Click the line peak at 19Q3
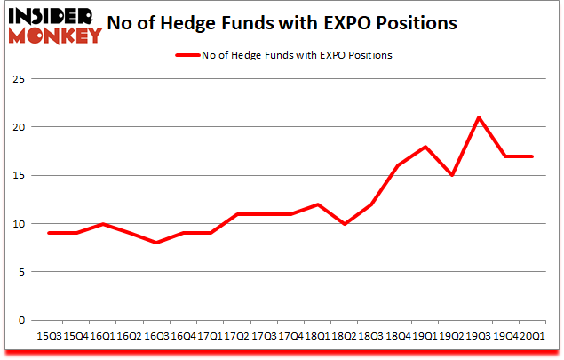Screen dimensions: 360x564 coord(479,117)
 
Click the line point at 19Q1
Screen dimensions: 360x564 coord(426,147)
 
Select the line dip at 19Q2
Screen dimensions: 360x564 coord(453,175)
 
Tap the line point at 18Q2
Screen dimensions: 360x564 coord(345,223)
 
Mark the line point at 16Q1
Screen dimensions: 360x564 coord(104,223)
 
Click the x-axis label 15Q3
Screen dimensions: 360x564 coord(49,336)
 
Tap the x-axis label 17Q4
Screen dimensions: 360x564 coord(290,336)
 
